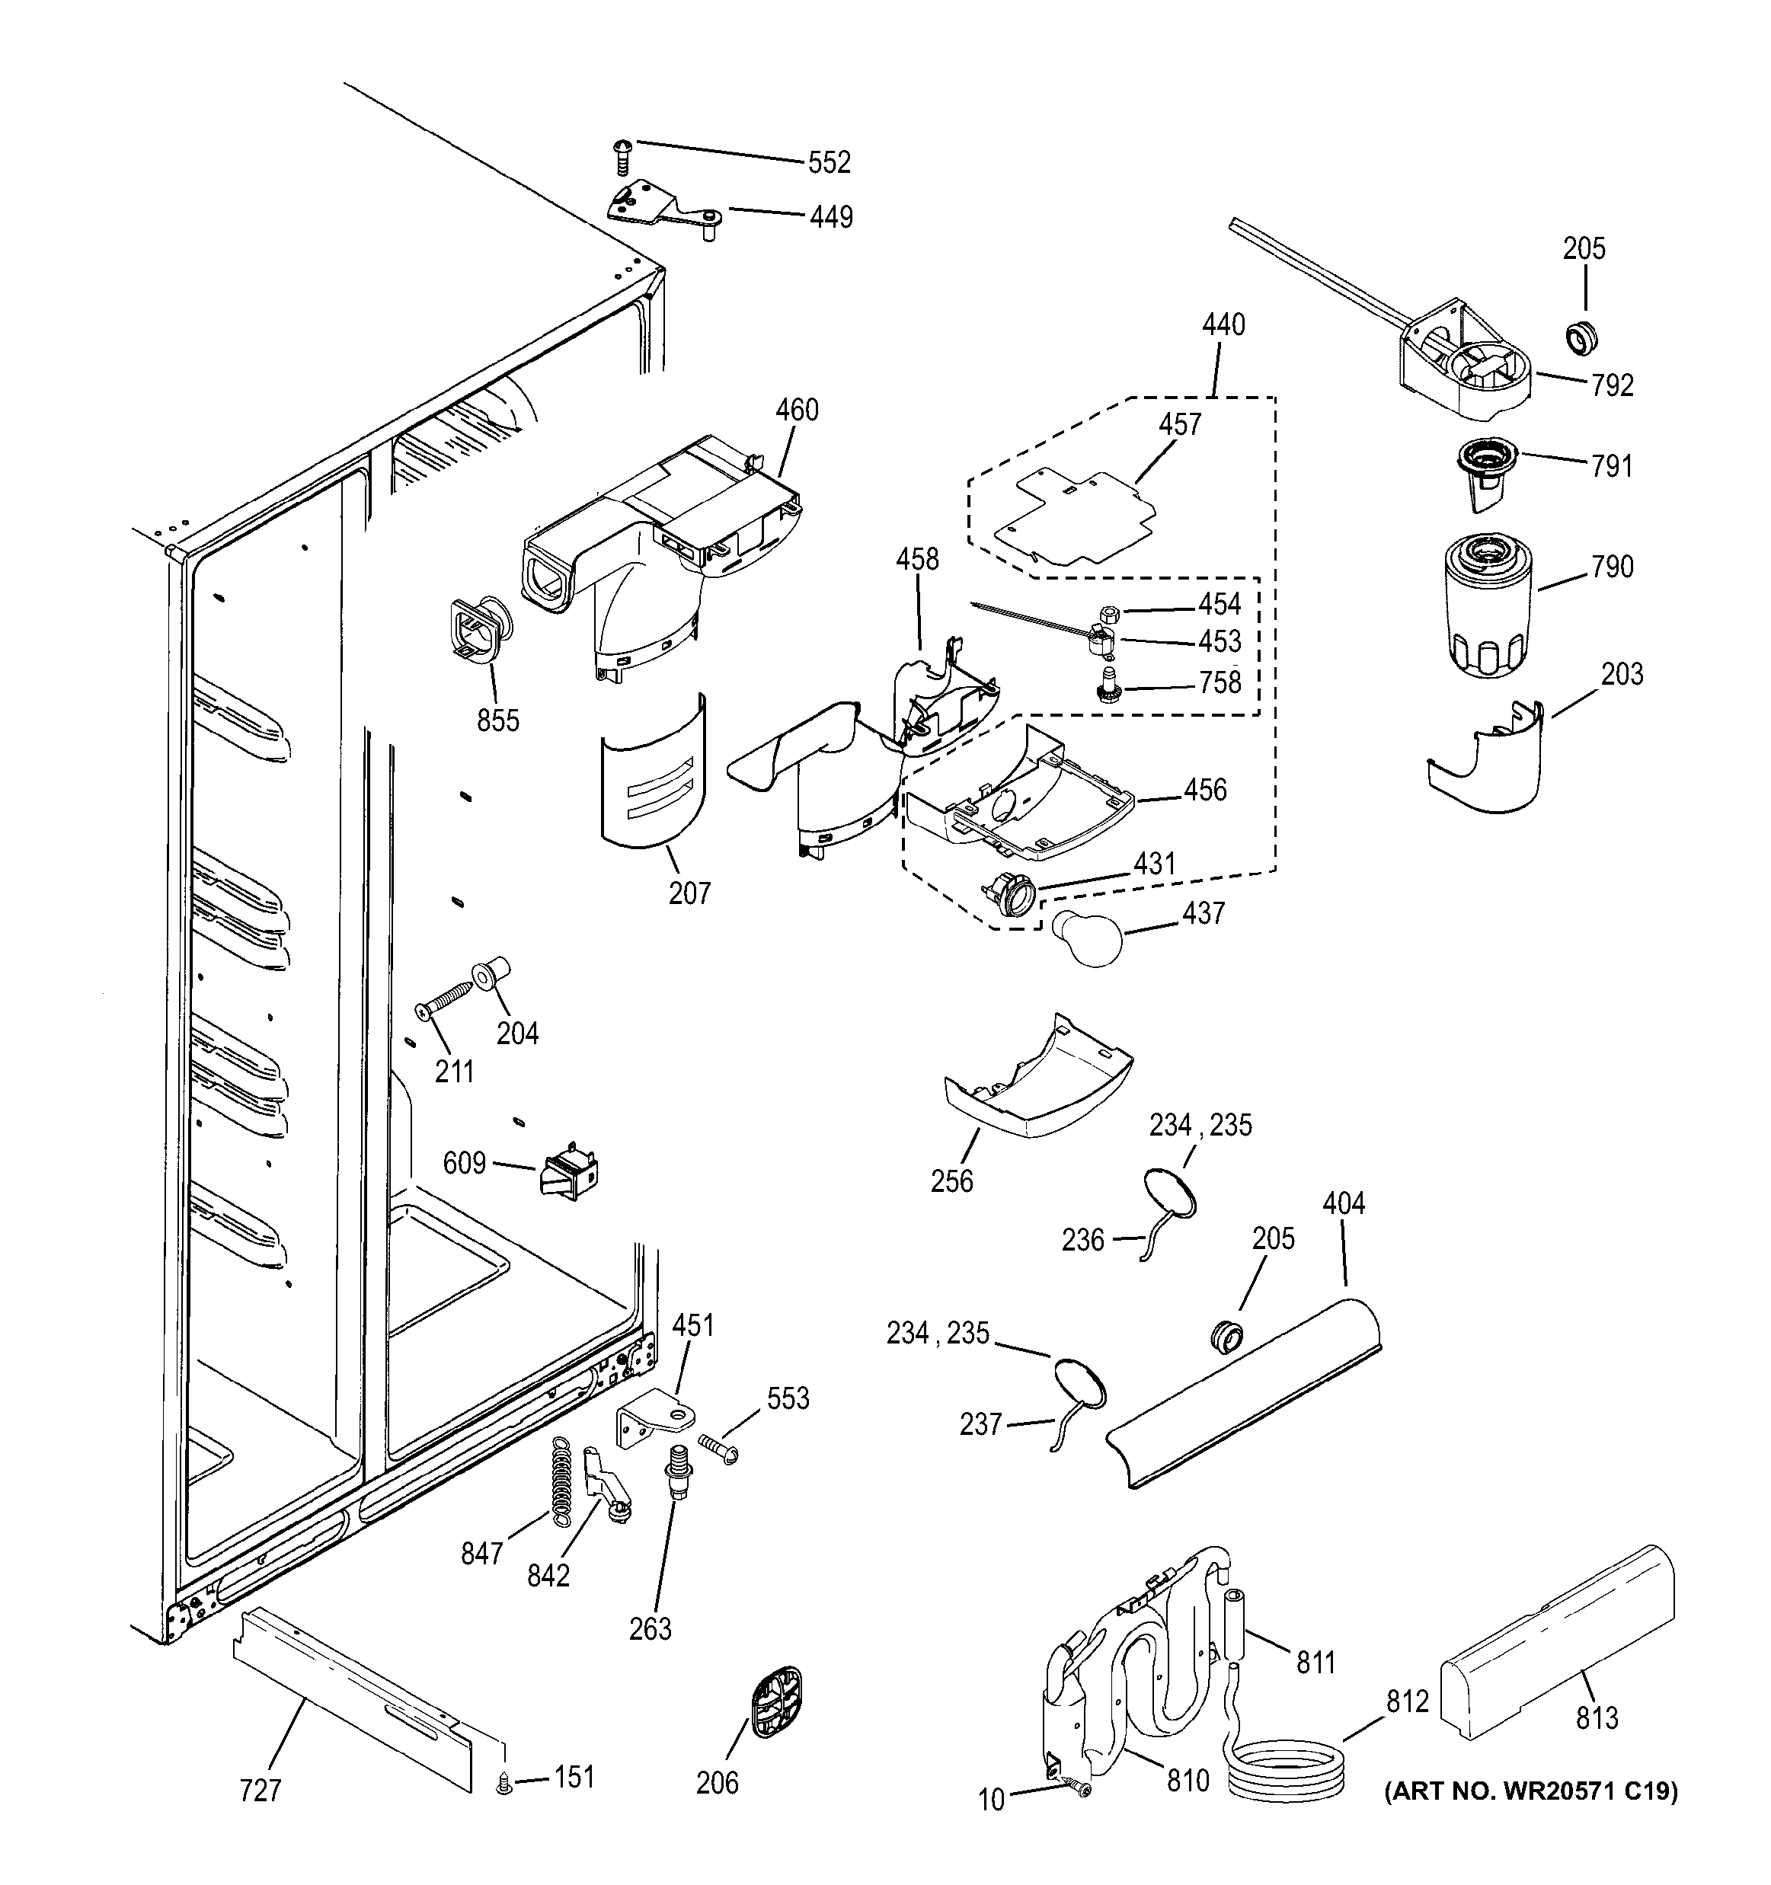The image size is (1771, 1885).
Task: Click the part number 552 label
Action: (x=829, y=163)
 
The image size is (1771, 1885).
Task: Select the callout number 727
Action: (x=260, y=1791)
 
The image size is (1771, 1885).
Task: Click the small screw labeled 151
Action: (x=504, y=1785)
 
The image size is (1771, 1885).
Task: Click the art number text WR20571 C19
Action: (x=1530, y=1791)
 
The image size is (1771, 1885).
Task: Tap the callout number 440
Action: (x=1223, y=325)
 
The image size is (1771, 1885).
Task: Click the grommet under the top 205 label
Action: (x=1580, y=337)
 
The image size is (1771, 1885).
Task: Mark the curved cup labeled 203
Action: (x=1487, y=762)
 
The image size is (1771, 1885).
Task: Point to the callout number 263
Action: (x=650, y=1629)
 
